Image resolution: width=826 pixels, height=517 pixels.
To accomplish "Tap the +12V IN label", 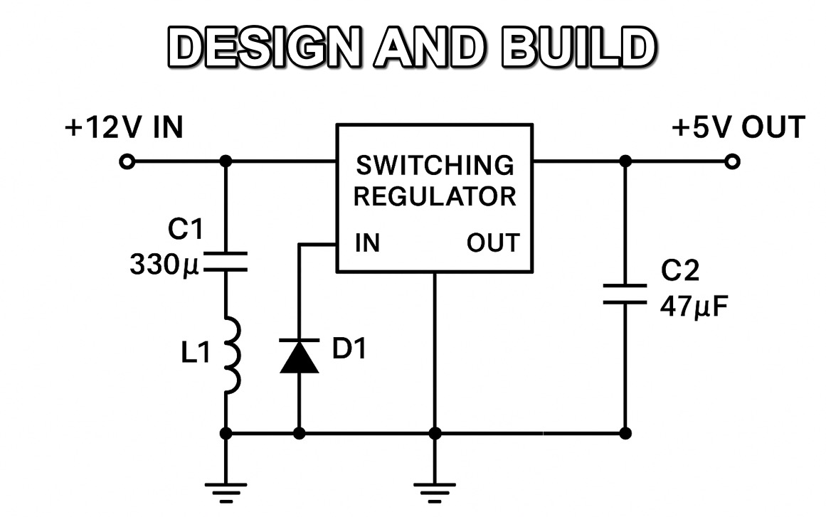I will [124, 128].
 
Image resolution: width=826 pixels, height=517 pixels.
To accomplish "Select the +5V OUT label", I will [738, 128].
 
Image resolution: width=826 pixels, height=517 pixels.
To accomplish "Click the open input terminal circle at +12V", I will [127, 162].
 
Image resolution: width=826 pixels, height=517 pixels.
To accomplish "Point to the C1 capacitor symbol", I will [226, 262].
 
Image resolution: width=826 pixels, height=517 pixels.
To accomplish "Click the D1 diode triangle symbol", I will [299, 356].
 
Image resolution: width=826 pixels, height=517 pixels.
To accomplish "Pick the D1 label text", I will [349, 349].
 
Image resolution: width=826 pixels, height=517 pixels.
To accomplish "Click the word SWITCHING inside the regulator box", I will [435, 166].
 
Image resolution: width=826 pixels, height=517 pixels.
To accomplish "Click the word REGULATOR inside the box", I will [435, 196].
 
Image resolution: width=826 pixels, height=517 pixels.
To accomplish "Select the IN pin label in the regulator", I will [368, 244].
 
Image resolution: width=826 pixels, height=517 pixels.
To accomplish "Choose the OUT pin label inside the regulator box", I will [493, 244].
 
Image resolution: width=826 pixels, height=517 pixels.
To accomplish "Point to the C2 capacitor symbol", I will [625, 294].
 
